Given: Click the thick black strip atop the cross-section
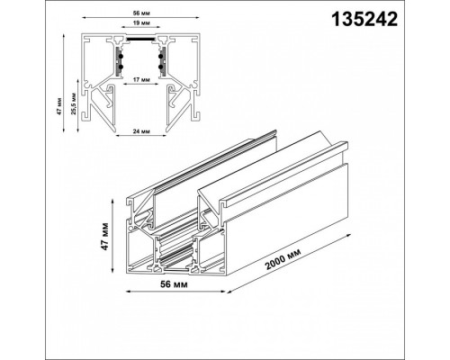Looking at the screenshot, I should point(139,40).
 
